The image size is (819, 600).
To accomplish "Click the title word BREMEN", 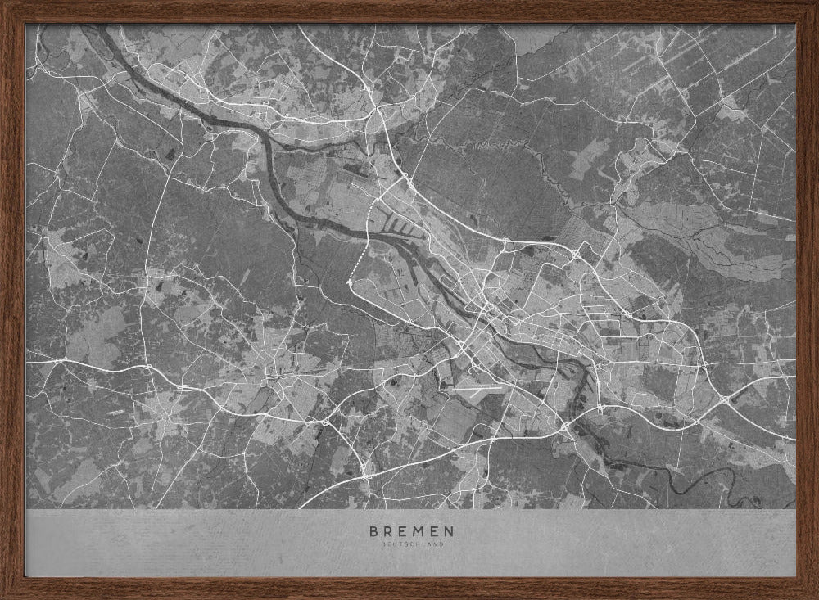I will coord(410,531).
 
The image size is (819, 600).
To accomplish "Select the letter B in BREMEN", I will coord(373,531).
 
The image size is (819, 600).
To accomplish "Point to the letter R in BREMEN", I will coord(388,531).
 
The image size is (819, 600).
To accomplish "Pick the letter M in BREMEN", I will coord(418,531).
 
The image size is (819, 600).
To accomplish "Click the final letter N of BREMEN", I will coord(448,531).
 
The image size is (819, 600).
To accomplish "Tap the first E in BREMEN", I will coord(402,531).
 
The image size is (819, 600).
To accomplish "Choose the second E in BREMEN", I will coord(433,531).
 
